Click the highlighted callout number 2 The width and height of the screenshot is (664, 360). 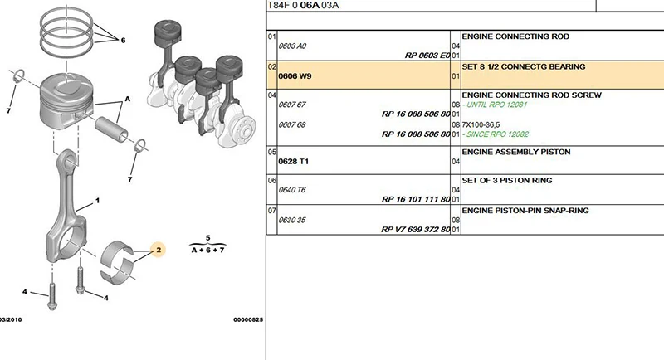159,250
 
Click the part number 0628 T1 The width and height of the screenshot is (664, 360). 294,162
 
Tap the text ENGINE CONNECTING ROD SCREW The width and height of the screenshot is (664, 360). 531,95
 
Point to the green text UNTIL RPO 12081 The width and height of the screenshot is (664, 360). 496,105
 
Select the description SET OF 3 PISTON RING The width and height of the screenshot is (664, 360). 507,180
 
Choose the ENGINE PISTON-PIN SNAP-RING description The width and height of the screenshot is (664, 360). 525,210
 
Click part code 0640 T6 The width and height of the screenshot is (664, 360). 292,190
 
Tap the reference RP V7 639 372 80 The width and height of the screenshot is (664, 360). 416,229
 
